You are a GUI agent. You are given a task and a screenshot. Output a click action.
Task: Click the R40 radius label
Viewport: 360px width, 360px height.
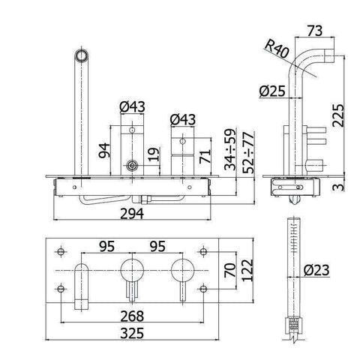(277, 49)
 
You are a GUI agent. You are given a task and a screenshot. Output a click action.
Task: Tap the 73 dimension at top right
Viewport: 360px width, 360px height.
(315, 31)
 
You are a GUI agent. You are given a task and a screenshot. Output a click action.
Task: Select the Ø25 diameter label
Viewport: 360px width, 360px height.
(272, 91)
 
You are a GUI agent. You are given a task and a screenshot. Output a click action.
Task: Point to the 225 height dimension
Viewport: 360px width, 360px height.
(338, 115)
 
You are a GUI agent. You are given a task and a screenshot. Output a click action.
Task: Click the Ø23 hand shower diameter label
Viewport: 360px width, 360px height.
(316, 270)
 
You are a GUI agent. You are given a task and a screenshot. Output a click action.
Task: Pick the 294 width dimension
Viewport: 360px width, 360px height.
(132, 214)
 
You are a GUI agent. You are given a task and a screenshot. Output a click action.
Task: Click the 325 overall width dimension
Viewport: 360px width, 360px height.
(132, 333)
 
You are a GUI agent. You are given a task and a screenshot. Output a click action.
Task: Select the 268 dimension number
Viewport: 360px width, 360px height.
(132, 316)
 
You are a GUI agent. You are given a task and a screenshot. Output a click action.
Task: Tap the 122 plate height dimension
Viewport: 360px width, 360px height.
(247, 270)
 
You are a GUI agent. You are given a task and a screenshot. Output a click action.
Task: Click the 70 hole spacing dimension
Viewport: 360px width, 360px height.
(230, 270)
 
